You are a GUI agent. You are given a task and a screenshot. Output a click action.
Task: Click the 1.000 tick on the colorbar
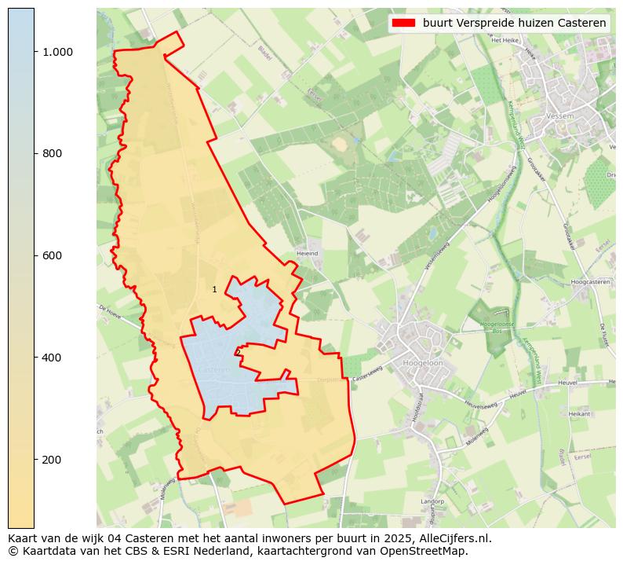click(x=57, y=52)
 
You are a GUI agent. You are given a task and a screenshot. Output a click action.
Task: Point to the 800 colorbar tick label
click(x=53, y=153)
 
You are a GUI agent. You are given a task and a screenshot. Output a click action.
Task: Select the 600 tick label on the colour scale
click(x=53, y=255)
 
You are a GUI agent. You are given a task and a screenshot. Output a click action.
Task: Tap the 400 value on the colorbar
click(x=53, y=358)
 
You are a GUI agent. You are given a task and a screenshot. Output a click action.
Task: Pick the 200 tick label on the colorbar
click(x=53, y=460)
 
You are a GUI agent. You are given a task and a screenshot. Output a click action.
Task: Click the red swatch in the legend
click(x=403, y=23)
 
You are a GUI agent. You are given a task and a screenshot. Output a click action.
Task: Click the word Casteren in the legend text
click(x=581, y=23)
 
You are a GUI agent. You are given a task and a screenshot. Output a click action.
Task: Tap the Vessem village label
click(x=561, y=116)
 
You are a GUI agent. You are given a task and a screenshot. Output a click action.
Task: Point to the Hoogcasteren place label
click(x=591, y=281)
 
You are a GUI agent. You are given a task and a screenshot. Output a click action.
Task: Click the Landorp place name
click(x=432, y=501)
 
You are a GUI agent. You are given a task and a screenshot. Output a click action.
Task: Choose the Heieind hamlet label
click(x=307, y=254)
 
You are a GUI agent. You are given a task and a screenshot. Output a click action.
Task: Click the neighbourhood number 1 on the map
click(x=214, y=290)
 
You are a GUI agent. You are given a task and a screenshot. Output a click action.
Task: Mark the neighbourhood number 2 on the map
click(x=238, y=353)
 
